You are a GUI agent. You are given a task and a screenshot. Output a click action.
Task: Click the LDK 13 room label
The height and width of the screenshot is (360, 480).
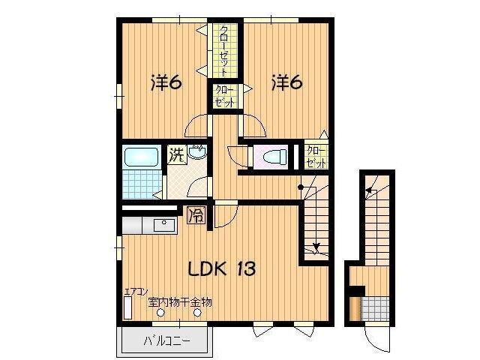(222, 269)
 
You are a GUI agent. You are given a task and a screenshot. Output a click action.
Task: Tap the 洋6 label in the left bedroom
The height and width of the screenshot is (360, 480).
(166, 82)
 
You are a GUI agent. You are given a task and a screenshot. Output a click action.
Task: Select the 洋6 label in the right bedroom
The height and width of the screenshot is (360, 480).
(286, 82)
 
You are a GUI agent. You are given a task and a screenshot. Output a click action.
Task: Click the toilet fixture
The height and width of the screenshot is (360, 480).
(275, 157)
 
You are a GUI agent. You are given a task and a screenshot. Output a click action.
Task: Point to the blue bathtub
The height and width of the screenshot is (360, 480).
(141, 157)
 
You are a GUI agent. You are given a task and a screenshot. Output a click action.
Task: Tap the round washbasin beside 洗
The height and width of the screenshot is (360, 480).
(197, 151)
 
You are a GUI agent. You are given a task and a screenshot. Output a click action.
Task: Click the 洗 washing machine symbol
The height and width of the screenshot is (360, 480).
(177, 155)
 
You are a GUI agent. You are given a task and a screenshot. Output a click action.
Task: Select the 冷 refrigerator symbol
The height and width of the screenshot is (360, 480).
(196, 216)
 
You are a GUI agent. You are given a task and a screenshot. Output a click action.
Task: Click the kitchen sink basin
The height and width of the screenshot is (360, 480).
(164, 225)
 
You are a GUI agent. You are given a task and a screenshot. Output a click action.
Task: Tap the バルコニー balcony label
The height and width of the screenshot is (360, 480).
(167, 340)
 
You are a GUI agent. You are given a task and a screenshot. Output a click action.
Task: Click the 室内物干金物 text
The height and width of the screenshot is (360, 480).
(180, 302)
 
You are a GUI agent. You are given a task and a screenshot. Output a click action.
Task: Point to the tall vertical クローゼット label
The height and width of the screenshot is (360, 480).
(225, 51)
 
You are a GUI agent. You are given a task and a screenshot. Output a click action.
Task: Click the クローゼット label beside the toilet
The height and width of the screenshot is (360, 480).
(316, 157)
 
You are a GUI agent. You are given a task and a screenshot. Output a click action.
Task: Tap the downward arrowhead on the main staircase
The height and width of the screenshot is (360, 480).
(316, 247)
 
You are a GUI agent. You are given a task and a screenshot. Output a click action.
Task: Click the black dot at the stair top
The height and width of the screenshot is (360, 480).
(301, 187)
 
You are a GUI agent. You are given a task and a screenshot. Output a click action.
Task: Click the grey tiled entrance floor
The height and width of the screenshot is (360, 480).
(375, 308)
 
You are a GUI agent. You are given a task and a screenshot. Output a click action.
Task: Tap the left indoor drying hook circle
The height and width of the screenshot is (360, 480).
(160, 313)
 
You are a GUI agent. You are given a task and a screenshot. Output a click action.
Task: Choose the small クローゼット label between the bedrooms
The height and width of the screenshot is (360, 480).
(225, 96)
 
